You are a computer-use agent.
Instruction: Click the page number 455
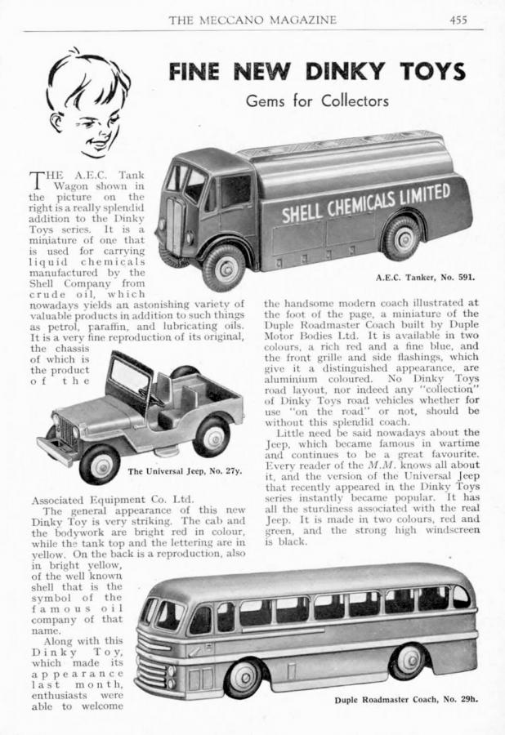click(x=458, y=20)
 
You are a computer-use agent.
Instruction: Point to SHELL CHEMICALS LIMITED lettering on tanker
click(x=366, y=203)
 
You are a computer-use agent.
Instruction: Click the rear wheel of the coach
click(x=408, y=660)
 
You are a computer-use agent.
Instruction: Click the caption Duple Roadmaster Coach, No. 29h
click(x=405, y=700)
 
